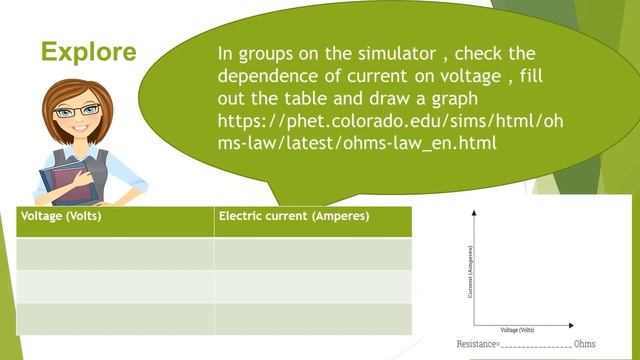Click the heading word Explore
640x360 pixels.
88,52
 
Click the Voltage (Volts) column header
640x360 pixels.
60,216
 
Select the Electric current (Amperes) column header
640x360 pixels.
294,216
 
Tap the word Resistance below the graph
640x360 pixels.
477,344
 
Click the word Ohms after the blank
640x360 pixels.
585,344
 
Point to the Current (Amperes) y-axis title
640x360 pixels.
468,271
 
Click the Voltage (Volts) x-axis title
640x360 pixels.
517,331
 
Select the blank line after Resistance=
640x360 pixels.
535,346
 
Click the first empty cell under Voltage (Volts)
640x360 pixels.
115,253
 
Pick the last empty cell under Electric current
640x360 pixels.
313,318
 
